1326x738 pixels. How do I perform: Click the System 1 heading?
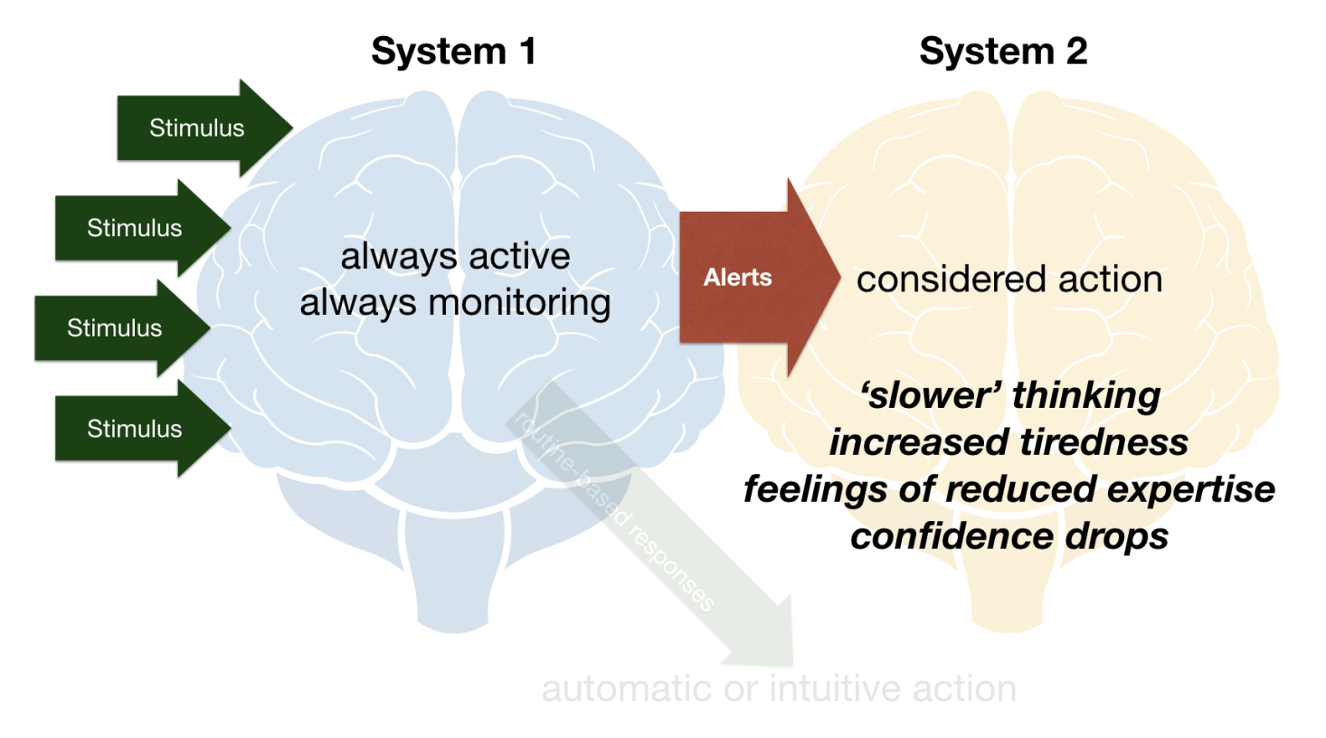[453, 52]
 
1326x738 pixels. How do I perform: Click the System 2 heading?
[1002, 52]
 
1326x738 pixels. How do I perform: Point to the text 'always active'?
[455, 257]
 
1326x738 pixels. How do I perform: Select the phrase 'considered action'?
[1009, 279]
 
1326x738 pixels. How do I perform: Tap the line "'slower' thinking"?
[1009, 395]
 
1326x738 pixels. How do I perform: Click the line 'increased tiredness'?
[1009, 442]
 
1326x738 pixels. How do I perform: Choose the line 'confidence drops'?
[1009, 536]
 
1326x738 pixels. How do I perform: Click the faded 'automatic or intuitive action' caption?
[779, 689]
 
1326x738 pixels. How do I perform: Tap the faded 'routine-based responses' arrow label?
[615, 511]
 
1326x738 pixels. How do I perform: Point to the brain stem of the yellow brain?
[1006, 588]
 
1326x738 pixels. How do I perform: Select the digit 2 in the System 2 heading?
[1076, 52]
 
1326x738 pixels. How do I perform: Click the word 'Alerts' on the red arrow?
[737, 278]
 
